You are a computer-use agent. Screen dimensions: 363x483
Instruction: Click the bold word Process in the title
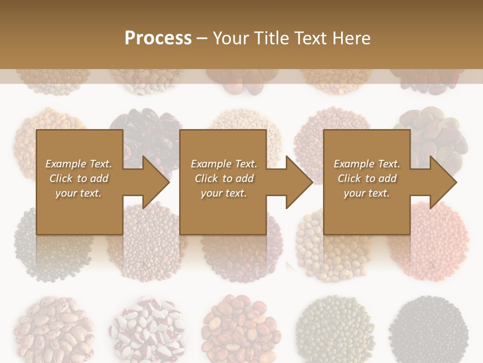pyautogui.click(x=158, y=38)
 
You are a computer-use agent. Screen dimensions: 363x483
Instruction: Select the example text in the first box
pyautogui.click(x=78, y=178)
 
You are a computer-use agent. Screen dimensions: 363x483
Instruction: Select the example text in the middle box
pyautogui.click(x=223, y=178)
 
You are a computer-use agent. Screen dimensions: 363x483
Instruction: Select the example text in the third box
pyautogui.click(x=366, y=178)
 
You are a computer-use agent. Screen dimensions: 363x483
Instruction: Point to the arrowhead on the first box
pyautogui.click(x=156, y=182)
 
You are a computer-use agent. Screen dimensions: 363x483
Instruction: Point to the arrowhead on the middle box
pyautogui.click(x=299, y=182)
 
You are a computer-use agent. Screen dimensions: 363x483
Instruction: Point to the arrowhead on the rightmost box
pyautogui.click(x=443, y=182)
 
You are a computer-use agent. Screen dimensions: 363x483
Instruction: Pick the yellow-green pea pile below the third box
pyautogui.click(x=327, y=257)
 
